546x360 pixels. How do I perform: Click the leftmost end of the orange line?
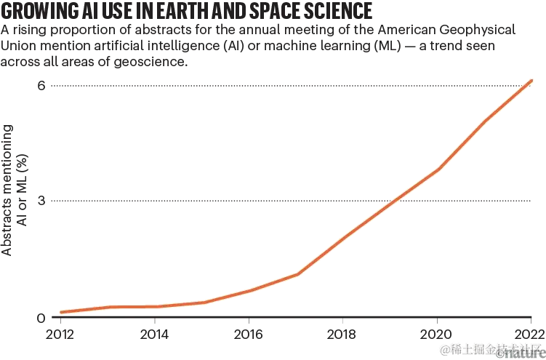tap(60, 312)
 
